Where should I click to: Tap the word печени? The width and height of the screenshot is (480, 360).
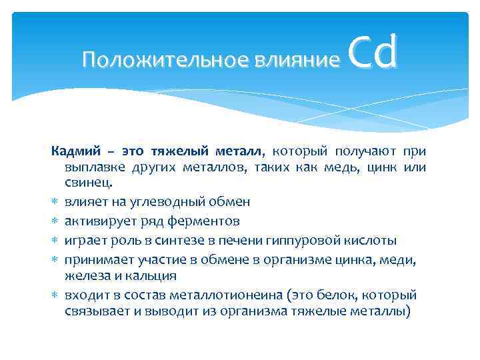click(245, 239)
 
